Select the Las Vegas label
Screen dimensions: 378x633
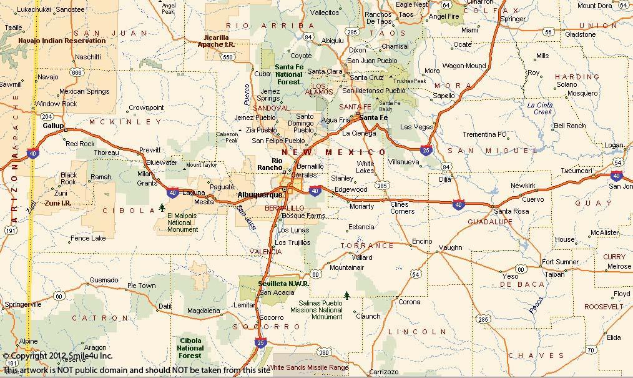click(x=416, y=127)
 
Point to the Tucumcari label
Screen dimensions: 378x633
click(x=576, y=171)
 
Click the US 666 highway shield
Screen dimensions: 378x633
click(x=77, y=72)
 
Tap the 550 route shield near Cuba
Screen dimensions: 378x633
click(x=230, y=57)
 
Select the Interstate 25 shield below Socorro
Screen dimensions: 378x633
click(x=260, y=342)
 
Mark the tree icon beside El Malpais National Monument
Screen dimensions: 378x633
click(x=162, y=207)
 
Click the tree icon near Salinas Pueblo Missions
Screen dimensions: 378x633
click(x=346, y=295)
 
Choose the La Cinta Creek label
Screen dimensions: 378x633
click(x=540, y=108)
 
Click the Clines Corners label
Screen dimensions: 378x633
click(x=402, y=208)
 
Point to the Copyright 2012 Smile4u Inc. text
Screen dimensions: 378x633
click(x=57, y=356)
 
